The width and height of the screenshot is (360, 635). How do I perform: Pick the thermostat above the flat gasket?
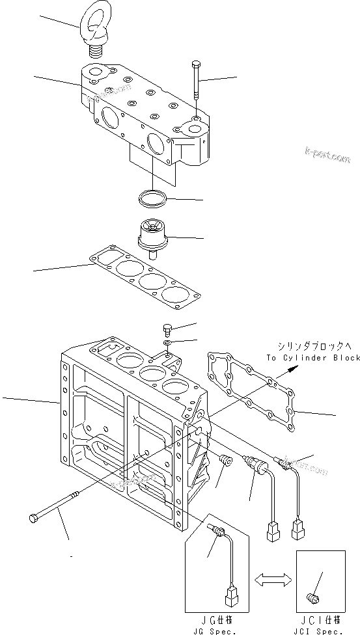(x=154, y=234)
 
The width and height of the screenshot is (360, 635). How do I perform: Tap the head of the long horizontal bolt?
(x=33, y=519)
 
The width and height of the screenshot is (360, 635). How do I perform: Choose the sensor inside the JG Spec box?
(x=215, y=533)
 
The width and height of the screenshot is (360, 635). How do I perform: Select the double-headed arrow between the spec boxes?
(x=273, y=578)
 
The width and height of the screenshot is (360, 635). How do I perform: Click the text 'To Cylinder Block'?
(x=312, y=358)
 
